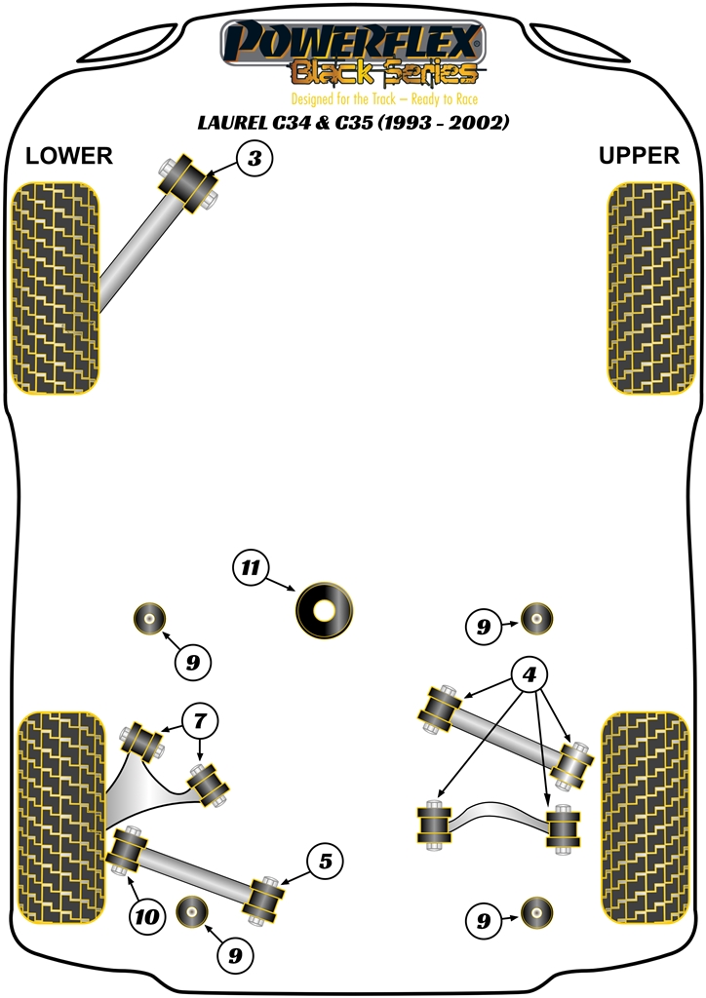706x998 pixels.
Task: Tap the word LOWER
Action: pos(68,156)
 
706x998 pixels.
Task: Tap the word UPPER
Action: pos(639,156)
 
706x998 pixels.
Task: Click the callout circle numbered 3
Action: pos(254,158)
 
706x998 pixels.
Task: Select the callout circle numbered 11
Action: pos(252,568)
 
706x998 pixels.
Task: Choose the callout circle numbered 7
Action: pos(200,722)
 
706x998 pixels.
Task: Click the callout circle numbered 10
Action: pos(146,916)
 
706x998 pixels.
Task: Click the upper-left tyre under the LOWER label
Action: pos(55,288)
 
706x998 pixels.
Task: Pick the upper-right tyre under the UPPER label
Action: pos(650,288)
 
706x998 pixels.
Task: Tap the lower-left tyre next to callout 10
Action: pos(60,817)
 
